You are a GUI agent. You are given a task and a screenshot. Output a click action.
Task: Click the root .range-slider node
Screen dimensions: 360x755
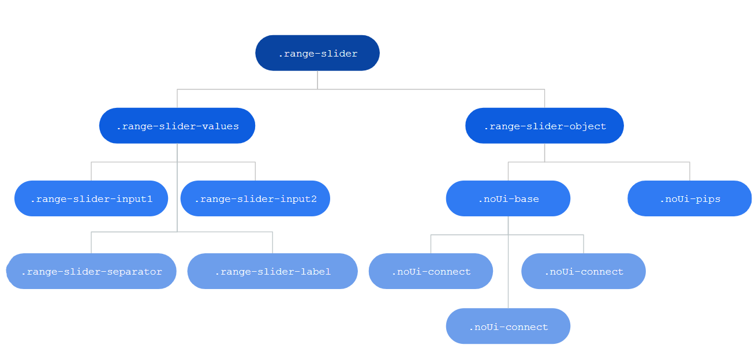click(x=317, y=53)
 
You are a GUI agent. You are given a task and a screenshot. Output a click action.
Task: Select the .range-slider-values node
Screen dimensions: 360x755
click(x=177, y=126)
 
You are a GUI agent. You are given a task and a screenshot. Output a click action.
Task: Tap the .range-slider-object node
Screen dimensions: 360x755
click(x=544, y=126)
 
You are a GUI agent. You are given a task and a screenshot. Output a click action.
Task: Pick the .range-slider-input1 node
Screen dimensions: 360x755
click(x=91, y=198)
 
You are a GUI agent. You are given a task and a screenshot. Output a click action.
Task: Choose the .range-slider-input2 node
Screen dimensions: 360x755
click(x=255, y=198)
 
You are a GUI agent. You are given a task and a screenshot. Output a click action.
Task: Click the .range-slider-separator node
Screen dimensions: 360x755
click(x=91, y=271)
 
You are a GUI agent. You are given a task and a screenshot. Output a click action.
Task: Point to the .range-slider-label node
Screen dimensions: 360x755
click(x=272, y=271)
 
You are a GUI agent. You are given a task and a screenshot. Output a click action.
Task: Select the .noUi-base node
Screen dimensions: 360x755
click(x=508, y=198)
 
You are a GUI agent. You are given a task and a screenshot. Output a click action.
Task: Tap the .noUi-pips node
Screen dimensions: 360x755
click(x=690, y=198)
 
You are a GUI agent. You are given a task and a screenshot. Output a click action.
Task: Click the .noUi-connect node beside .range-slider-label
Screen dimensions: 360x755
click(x=431, y=271)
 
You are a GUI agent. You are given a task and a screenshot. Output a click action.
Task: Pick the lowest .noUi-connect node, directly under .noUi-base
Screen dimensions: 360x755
click(x=508, y=326)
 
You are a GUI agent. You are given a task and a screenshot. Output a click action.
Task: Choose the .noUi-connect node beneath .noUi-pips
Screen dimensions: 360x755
click(x=584, y=271)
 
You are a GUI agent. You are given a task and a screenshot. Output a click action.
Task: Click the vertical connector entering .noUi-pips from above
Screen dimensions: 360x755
click(x=690, y=171)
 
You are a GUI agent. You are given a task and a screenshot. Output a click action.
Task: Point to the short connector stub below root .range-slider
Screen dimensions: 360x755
click(x=317, y=80)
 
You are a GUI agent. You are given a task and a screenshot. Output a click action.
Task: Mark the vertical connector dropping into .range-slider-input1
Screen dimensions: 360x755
click(x=91, y=171)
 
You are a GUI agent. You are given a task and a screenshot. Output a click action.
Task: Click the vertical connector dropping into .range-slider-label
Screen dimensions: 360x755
click(x=272, y=242)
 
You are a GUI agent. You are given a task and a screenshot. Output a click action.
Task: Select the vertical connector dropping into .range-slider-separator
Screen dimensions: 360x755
click(x=91, y=242)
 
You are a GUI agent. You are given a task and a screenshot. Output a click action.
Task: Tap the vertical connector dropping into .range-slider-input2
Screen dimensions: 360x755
click(x=255, y=171)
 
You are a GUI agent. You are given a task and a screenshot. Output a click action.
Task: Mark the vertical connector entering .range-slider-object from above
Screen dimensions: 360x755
click(x=544, y=99)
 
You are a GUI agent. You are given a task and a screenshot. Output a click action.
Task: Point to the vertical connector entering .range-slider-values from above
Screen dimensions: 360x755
click(x=177, y=99)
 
